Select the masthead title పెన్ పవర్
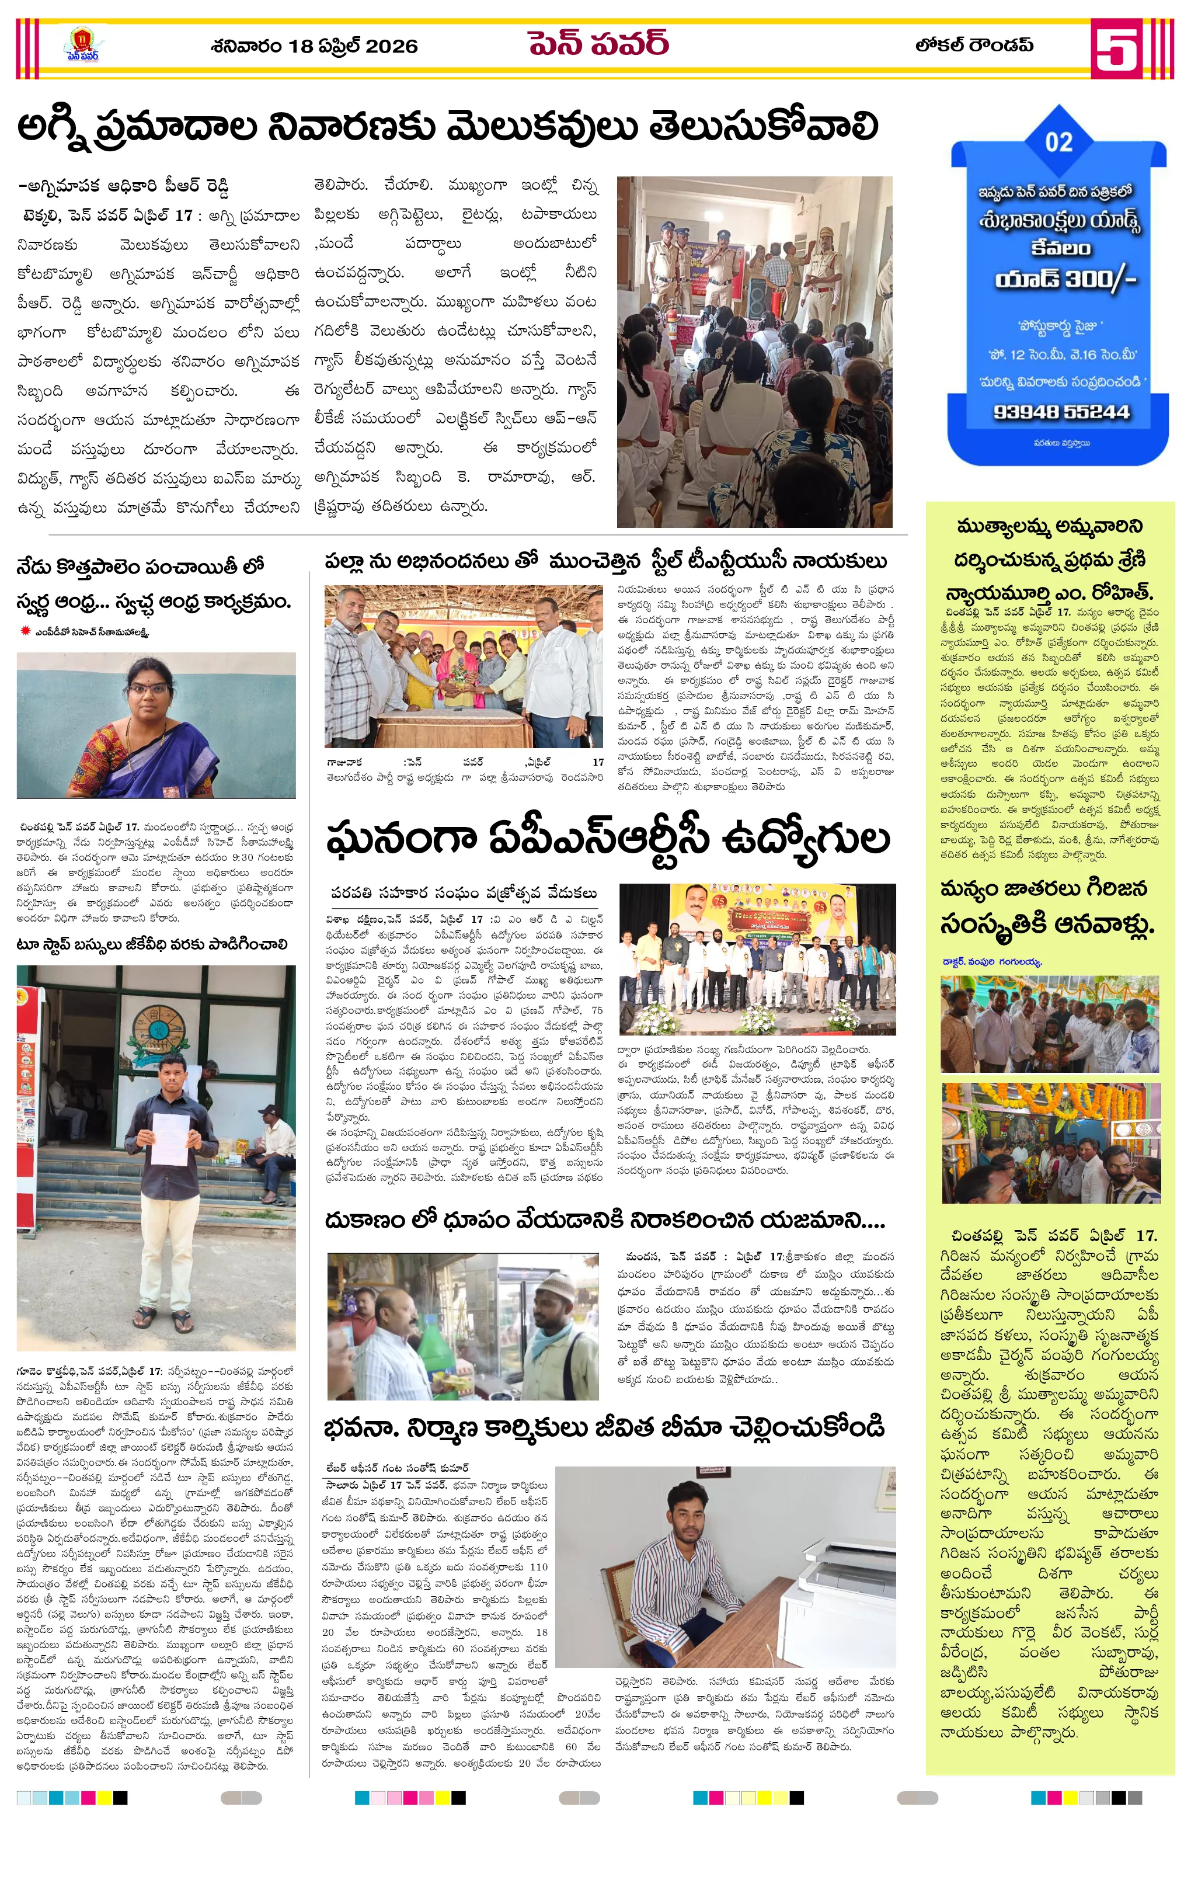(x=598, y=44)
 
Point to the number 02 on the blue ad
(x=1058, y=142)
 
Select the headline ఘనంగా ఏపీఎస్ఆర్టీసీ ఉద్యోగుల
(x=607, y=839)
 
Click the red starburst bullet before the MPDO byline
(x=25, y=631)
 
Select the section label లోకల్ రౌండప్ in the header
(x=974, y=46)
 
